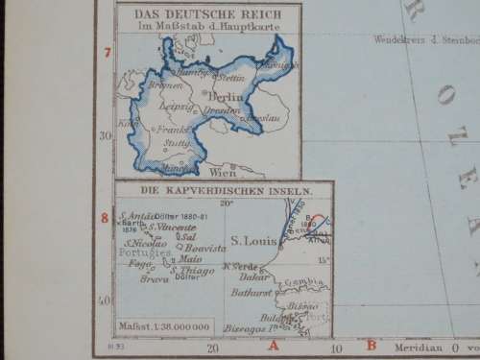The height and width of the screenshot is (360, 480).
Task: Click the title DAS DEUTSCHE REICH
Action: tap(207, 13)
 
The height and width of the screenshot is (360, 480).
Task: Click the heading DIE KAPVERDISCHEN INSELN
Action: tap(223, 191)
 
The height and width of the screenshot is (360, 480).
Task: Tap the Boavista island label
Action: tap(201, 247)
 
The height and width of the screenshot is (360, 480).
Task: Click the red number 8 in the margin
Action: tap(106, 218)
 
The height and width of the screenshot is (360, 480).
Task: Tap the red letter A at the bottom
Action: tap(273, 345)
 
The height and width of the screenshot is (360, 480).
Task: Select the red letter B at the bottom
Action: tap(372, 345)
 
